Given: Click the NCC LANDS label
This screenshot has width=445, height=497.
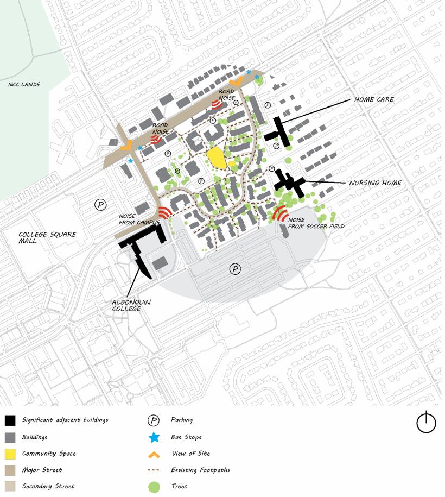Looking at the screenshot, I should point(24,85).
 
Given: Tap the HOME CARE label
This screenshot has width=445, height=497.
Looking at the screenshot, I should point(374,100).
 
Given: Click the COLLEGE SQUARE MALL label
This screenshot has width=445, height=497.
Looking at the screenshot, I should point(47,237).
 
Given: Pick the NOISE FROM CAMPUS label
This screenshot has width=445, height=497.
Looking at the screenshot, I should point(138,219).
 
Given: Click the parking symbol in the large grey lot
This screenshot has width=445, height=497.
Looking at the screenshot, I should point(235,269).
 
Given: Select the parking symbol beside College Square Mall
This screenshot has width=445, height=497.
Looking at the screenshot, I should point(100,204).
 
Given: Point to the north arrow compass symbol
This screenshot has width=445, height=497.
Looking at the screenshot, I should point(426,422).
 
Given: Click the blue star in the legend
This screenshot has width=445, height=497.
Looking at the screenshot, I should point(154,437).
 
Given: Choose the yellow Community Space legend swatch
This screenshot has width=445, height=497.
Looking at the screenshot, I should point(10,454).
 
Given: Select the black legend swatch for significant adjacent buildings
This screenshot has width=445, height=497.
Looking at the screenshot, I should point(10,420).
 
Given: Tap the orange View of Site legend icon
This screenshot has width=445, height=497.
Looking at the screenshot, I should point(154,454).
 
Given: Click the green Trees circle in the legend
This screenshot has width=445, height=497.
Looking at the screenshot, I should point(154,486).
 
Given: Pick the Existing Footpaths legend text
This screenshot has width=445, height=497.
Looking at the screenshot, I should point(200,470).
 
